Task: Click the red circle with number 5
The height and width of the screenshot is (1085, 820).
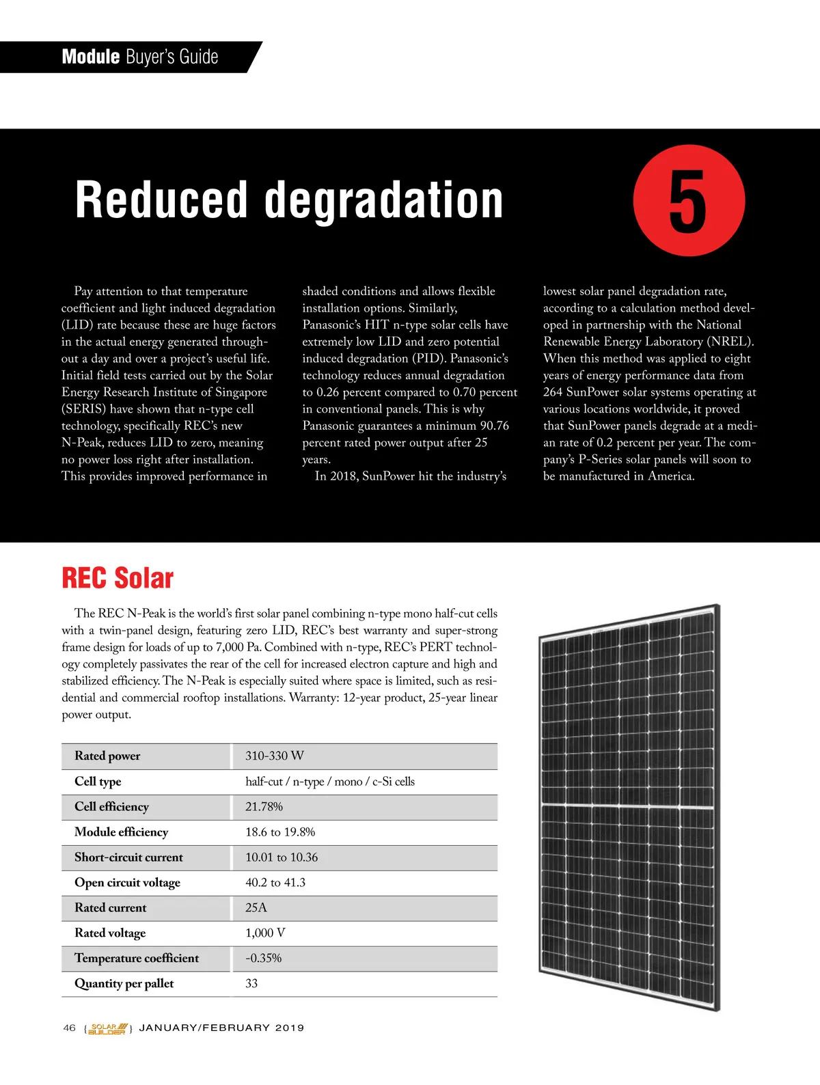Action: pos(688,201)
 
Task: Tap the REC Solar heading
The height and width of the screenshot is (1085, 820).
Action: pos(118,578)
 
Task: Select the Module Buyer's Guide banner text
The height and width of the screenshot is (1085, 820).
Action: pos(140,57)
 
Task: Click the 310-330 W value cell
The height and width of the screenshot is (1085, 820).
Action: pos(275,756)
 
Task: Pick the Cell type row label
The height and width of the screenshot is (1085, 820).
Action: pos(98,781)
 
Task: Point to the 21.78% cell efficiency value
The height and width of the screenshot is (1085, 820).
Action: pos(264,806)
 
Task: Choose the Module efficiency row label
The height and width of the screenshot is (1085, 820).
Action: pos(121,832)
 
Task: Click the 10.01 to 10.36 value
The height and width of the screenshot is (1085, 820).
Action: pos(282,857)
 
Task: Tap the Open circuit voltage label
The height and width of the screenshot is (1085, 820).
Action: pos(127,882)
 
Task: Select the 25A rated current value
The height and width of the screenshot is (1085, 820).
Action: pos(256,907)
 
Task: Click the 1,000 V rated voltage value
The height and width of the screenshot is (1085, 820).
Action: pos(265,933)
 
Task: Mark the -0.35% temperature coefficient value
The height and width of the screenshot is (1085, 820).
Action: pos(263,958)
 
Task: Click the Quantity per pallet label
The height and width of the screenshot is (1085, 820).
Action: pos(124,983)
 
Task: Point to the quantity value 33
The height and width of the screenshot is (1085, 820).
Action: pos(251,983)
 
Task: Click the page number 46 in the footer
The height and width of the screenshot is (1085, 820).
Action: pos(69,1028)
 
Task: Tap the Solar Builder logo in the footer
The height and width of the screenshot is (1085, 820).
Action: pos(108,1028)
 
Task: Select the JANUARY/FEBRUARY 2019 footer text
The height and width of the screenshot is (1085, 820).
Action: pos(221,1028)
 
